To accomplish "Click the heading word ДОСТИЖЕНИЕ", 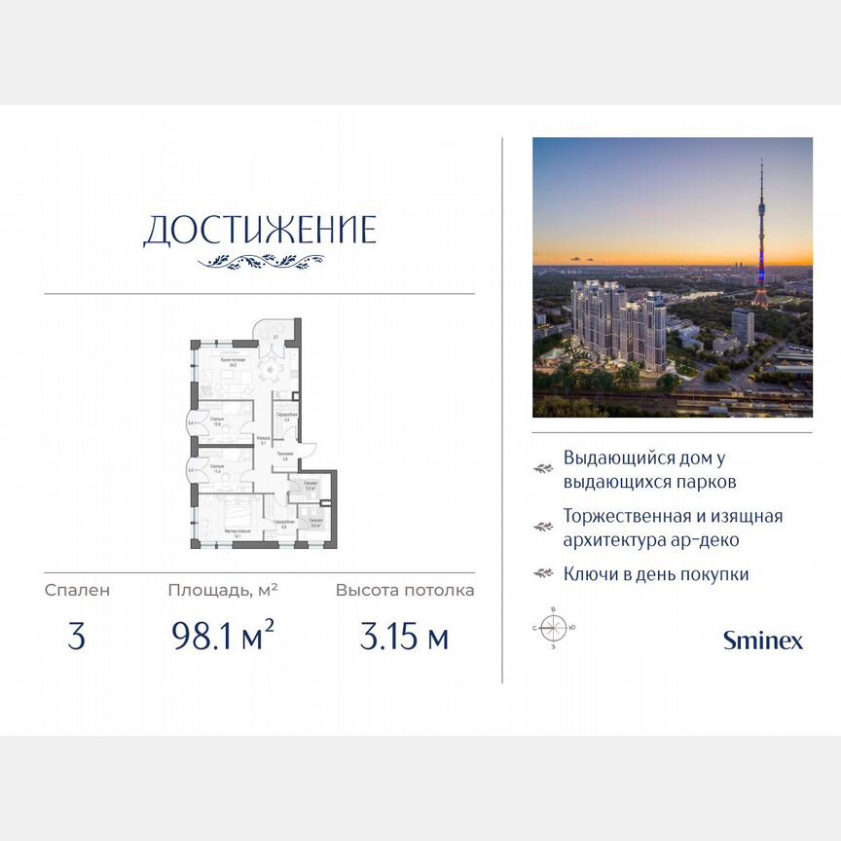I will (x=259, y=231).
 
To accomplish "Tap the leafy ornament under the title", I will (x=260, y=261).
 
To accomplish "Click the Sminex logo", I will (x=763, y=640).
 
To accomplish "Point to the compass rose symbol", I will (x=553, y=627).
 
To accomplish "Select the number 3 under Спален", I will (x=77, y=638).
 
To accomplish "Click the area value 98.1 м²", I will (x=222, y=638).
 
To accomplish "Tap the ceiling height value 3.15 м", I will (x=404, y=638).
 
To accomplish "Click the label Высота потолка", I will (x=405, y=590).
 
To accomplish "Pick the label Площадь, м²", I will (x=222, y=590).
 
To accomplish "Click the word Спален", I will (x=77, y=590).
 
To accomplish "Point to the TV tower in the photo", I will (x=760, y=234).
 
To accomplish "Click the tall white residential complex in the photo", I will (x=618, y=321).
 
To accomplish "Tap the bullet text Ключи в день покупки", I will (x=656, y=574).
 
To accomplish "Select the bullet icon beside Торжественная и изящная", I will (x=542, y=527).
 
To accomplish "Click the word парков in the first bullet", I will (x=704, y=482).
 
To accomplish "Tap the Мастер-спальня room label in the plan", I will (x=238, y=531).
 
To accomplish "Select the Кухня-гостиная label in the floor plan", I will (x=233, y=359).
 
